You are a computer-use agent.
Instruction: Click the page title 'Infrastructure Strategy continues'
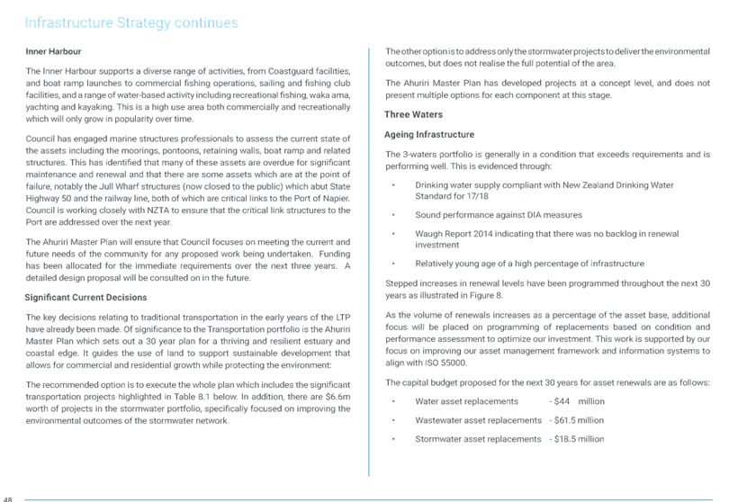131,22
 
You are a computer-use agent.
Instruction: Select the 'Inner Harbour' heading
53,51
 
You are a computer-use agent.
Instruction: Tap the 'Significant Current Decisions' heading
86,298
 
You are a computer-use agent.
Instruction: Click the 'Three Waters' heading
413,114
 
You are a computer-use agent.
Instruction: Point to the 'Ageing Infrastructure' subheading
429,134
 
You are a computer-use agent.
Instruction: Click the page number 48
7,499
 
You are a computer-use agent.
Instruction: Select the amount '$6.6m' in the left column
338,397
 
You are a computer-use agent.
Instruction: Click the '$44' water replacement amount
562,401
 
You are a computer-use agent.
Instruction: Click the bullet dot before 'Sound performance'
393,215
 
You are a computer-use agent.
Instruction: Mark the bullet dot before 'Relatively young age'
393,264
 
